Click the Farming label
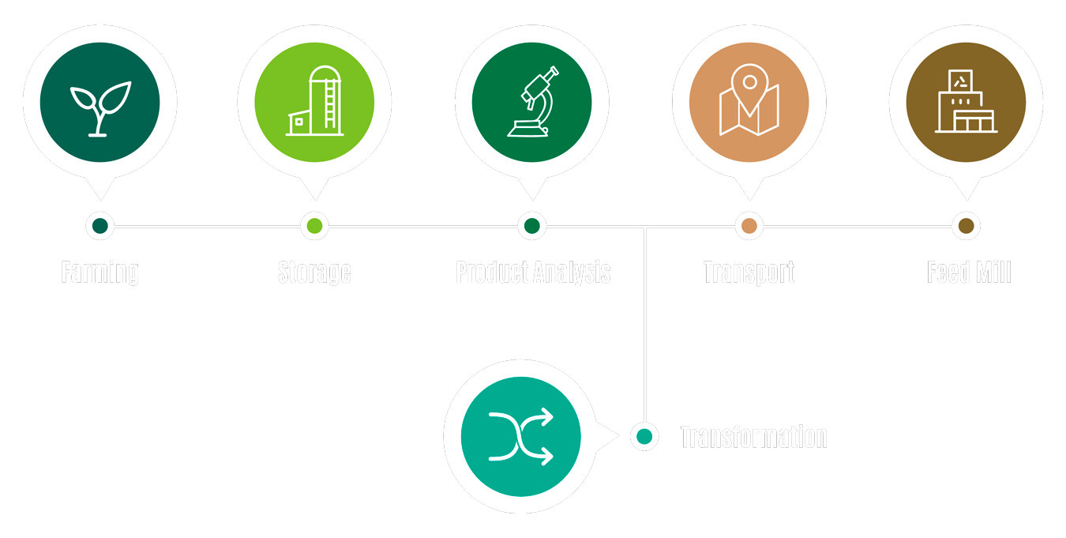(99, 273)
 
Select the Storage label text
(314, 273)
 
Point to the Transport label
(749, 273)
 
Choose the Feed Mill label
(969, 273)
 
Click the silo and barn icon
(314, 102)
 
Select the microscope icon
(532, 103)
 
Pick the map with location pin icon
(749, 101)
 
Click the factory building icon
(965, 102)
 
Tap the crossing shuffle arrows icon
(520, 436)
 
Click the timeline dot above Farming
(99, 226)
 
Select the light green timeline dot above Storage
(314, 226)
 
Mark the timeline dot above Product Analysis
(532, 226)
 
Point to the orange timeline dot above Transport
(749, 226)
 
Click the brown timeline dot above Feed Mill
(966, 226)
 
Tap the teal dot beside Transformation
(644, 436)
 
